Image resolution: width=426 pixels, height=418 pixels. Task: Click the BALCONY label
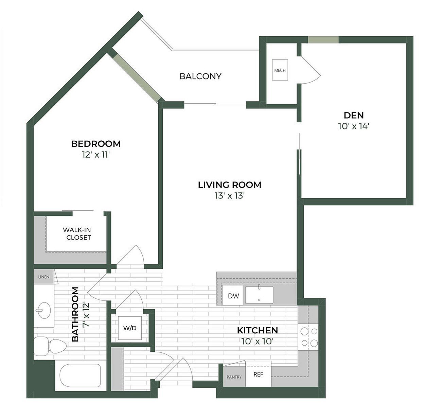coord(200,76)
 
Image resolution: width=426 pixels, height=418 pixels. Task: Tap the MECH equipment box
coord(280,70)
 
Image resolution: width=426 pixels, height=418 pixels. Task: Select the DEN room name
coord(354,115)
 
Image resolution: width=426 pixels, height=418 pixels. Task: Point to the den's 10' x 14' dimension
coord(354,126)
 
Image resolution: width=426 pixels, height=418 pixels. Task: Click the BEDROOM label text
coord(96,144)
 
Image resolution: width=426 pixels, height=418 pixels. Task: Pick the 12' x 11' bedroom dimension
coord(96,155)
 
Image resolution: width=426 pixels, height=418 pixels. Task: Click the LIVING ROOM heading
coord(230,185)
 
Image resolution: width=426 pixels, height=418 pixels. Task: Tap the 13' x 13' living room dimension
coord(230,196)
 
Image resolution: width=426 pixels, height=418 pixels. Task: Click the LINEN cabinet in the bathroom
coord(44,277)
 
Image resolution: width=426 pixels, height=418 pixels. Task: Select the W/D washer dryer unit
coord(129,328)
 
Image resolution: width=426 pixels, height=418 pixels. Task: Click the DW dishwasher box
coord(233,296)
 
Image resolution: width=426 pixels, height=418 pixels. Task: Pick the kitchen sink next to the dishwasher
coord(259,295)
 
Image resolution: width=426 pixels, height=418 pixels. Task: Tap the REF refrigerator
coord(258,374)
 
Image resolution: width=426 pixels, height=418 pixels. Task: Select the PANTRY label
coord(234,377)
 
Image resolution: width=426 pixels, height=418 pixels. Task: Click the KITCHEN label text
coord(257,330)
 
